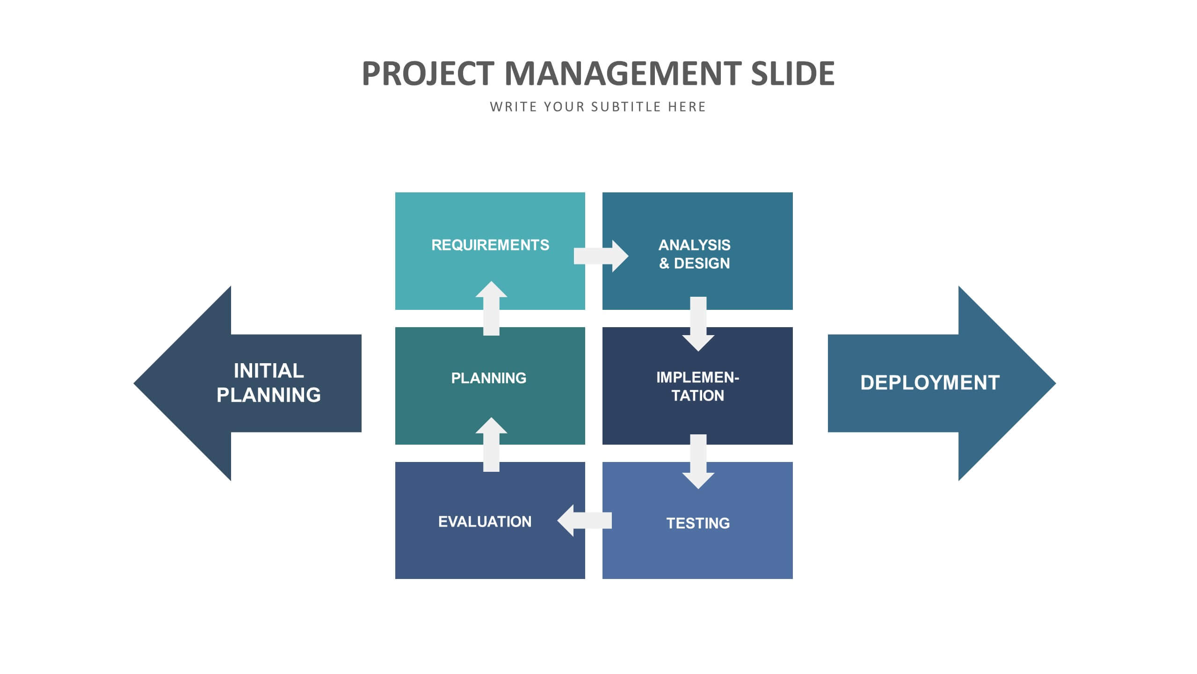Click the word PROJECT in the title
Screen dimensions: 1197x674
pos(428,73)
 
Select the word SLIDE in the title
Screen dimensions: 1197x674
pos(793,73)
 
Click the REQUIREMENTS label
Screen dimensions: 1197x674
pos(490,245)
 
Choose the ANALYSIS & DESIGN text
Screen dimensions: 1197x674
pos(695,254)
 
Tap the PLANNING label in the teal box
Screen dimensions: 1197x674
pos(489,378)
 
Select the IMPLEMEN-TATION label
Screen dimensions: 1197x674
pos(698,386)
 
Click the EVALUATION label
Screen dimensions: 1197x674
pos(485,521)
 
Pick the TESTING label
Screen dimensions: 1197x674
pos(698,523)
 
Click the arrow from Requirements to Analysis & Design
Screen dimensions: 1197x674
pos(601,256)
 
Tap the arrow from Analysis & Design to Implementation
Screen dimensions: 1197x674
pos(698,324)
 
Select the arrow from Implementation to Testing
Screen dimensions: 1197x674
pos(698,462)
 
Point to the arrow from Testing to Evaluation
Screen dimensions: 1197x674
pos(584,520)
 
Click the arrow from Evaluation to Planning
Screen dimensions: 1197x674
pos(491,445)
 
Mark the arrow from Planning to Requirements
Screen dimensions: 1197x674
pos(491,308)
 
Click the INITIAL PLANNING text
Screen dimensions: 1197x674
pos(269,383)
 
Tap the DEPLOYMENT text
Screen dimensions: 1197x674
pos(930,383)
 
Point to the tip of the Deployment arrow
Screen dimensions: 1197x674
pos(1056,383)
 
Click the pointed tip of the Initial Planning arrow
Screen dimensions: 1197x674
pos(134,383)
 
